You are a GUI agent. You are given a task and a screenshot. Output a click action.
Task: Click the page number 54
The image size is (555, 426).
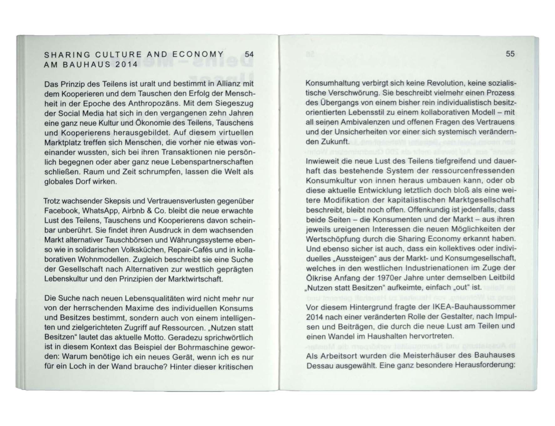(x=249, y=54)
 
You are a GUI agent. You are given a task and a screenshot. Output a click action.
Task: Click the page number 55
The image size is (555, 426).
(x=510, y=54)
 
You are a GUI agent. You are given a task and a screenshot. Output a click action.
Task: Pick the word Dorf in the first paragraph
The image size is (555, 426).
(x=83, y=182)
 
